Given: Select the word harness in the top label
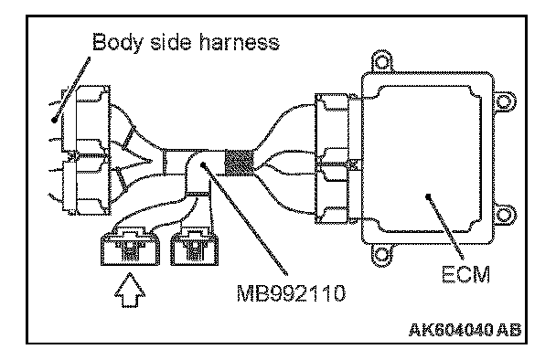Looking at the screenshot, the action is [240, 42].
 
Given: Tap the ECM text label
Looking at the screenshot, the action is [465, 274].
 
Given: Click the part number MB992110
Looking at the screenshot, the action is [291, 293].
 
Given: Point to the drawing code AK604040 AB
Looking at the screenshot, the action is [465, 330].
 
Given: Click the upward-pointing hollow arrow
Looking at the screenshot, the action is [130, 290].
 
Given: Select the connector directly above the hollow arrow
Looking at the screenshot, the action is [130, 247].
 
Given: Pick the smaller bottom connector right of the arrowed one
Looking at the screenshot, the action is [194, 248].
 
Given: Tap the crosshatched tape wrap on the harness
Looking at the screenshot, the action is [240, 163].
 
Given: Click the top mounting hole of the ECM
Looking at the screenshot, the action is [382, 62].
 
